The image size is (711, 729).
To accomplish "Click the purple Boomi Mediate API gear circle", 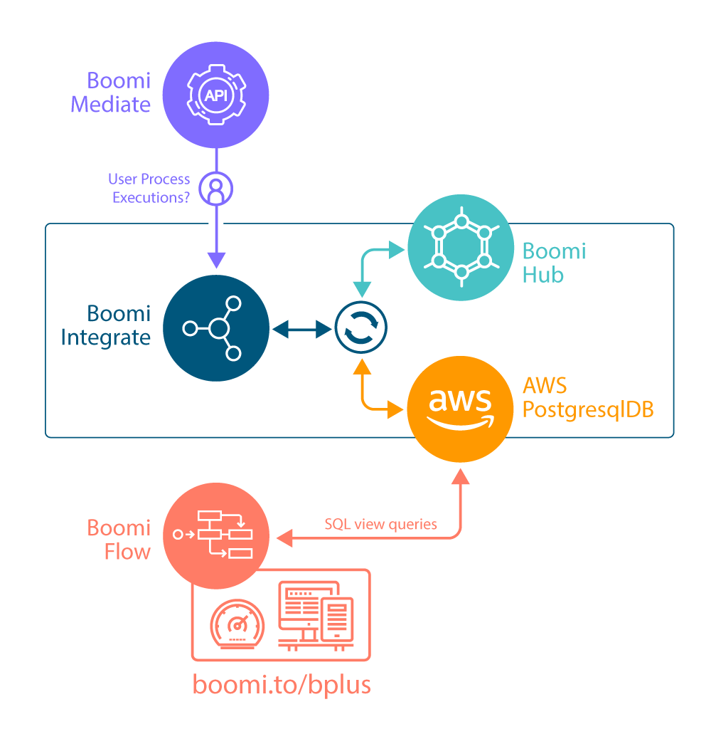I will pyautogui.click(x=216, y=95).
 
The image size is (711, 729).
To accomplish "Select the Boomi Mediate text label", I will pyautogui.click(x=111, y=93).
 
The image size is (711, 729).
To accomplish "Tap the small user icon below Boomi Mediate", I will pyautogui.click(x=216, y=189).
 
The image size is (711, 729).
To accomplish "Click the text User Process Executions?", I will pyautogui.click(x=150, y=189).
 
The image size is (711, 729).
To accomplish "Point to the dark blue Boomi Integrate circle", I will pyautogui.click(x=216, y=328).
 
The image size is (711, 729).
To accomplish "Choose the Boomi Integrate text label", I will pyautogui.click(x=106, y=325).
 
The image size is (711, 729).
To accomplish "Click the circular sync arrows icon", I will pyautogui.click(x=361, y=328).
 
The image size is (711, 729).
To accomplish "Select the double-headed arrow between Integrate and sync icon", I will pyautogui.click(x=303, y=328).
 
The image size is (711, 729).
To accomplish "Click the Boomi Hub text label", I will pyautogui.click(x=554, y=263).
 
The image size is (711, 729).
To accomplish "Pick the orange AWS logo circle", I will pyautogui.click(x=461, y=410).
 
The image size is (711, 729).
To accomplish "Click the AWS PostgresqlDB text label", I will pyautogui.click(x=587, y=398).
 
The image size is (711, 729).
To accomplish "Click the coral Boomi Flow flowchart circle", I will pyautogui.click(x=216, y=537).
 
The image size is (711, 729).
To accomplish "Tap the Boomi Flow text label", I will pyautogui.click(x=119, y=540).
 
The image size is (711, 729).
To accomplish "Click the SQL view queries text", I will pyautogui.click(x=380, y=525).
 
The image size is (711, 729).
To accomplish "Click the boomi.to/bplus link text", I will pyautogui.click(x=282, y=683).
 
